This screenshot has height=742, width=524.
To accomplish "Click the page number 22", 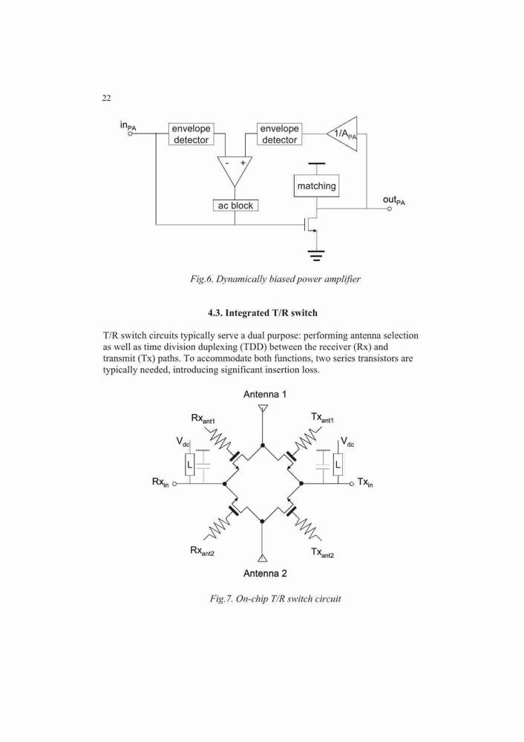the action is click(106, 98).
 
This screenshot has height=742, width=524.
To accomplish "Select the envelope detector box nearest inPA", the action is click(191, 134).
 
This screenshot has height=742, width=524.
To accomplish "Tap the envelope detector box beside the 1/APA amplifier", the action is click(279, 134).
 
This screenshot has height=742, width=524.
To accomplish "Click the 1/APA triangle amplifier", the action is click(341, 134).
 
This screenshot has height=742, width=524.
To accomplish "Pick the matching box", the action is click(316, 186).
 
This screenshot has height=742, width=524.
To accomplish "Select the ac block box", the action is click(235, 206).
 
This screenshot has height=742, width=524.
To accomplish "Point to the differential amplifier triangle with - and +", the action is click(235, 171).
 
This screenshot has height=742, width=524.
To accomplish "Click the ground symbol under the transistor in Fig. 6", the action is click(316, 255).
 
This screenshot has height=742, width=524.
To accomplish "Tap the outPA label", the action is click(394, 200).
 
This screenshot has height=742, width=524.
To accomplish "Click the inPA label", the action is click(128, 125).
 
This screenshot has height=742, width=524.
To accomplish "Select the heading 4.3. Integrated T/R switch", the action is click(262, 313).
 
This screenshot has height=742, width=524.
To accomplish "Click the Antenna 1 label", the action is click(265, 394).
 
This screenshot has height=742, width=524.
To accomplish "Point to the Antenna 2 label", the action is click(265, 574).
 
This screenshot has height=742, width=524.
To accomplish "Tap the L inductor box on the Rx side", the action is click(189, 464).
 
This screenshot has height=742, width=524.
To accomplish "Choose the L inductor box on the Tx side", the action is click(338, 464).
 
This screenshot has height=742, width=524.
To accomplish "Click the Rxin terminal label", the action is click(160, 482).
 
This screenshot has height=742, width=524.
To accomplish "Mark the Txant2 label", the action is click(322, 552).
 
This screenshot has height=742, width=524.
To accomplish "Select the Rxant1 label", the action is click(203, 418).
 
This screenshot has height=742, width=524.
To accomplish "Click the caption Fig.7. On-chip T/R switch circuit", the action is click(275, 599).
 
